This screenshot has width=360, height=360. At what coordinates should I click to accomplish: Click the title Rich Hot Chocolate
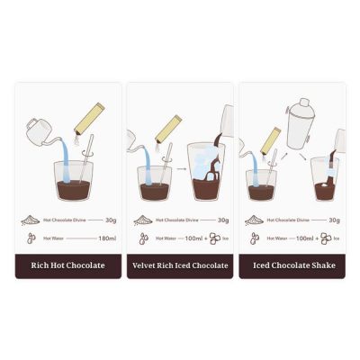(68, 265)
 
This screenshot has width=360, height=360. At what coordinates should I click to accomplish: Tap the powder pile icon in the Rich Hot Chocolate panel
(29, 219)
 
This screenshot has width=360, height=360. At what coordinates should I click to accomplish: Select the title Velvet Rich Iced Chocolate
(180, 265)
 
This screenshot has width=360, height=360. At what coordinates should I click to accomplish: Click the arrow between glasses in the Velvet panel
(179, 167)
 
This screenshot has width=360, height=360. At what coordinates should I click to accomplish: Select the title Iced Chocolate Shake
(292, 265)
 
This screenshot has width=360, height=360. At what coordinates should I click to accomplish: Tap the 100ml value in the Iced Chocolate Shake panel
(304, 238)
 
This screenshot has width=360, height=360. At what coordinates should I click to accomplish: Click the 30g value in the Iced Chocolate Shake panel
(334, 219)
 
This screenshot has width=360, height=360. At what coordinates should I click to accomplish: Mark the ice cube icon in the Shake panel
(326, 238)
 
